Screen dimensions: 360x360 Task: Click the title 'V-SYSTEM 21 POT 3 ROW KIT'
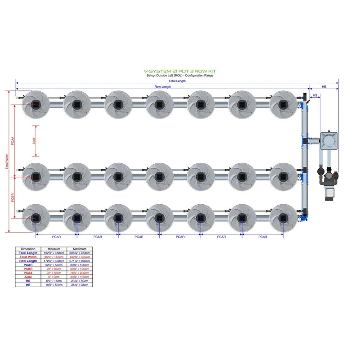(x=180, y=71)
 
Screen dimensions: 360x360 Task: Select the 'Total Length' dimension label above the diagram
(x=177, y=81)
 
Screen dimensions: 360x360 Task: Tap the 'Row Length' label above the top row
(x=163, y=86)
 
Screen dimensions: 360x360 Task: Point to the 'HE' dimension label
(x=324, y=86)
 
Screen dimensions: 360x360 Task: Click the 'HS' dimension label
(x=315, y=95)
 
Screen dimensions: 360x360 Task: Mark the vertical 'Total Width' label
(x=7, y=162)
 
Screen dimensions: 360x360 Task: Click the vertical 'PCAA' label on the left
(x=13, y=141)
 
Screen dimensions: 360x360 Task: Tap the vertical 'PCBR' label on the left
(x=13, y=199)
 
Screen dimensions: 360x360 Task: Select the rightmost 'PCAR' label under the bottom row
(x=262, y=237)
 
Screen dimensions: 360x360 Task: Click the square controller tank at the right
(x=329, y=140)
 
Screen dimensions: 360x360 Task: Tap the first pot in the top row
(x=36, y=104)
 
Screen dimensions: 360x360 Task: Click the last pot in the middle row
(x=283, y=176)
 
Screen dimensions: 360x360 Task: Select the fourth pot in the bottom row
(x=159, y=218)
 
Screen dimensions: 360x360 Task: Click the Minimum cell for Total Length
(x=54, y=253)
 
